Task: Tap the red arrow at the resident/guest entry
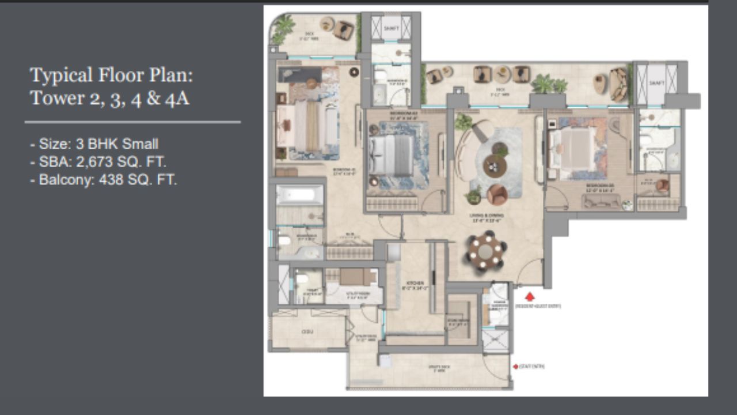[530, 297]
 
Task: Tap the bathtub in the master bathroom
[299, 194]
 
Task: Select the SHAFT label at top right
[656, 83]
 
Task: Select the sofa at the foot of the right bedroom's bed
[601, 201]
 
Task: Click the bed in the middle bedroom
[392, 155]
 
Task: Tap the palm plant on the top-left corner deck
[283, 27]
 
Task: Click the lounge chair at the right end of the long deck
[618, 84]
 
